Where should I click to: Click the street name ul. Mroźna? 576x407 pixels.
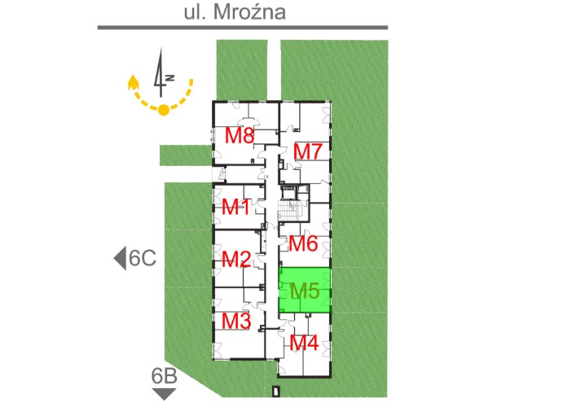235,11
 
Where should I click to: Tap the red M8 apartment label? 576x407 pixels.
240,135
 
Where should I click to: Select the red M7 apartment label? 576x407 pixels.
308,151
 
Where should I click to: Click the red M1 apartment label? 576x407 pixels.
235,207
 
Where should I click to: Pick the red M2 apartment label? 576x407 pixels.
236,260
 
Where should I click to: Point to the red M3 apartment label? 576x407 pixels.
236,321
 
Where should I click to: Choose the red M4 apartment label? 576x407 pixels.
304,344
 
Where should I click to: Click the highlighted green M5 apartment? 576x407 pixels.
305,291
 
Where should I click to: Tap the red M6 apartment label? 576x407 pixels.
303,243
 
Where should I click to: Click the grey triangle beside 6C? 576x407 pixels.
120,258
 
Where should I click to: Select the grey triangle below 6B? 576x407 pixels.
164,394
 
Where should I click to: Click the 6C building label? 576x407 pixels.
143,258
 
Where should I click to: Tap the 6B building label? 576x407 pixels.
165,376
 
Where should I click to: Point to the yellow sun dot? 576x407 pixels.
164,110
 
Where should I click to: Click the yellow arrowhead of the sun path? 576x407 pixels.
132,82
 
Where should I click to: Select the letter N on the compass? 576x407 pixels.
169,78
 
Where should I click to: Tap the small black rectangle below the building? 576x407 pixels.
276,391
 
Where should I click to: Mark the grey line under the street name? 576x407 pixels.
243,27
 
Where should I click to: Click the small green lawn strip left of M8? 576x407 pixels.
186,155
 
